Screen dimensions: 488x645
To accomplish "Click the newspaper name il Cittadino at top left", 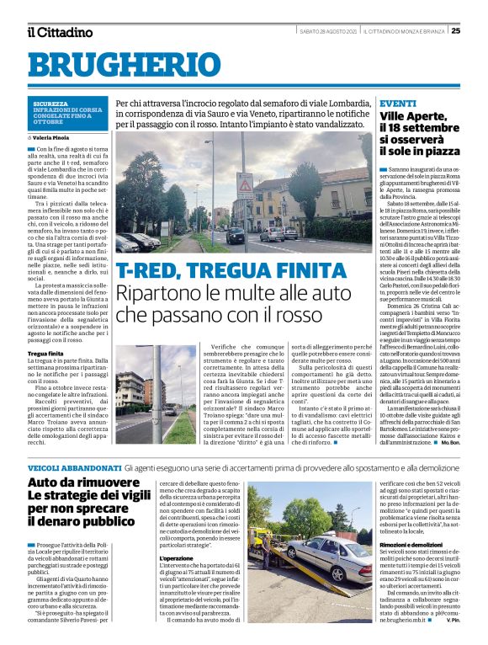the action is click(59, 32).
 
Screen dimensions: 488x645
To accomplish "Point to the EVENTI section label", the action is click(397, 103).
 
